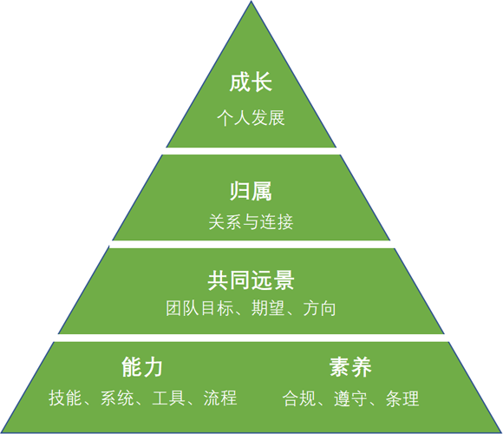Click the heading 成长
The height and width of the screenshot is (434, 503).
(x=251, y=82)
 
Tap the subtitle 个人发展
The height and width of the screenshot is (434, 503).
(x=251, y=118)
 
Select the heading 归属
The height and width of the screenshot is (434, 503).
(x=251, y=191)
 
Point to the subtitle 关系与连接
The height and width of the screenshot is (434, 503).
(x=251, y=222)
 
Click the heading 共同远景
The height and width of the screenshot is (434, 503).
(x=251, y=280)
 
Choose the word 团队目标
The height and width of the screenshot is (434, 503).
(x=199, y=308)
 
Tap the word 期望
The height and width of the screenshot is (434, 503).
(x=268, y=308)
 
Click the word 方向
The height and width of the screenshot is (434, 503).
(x=319, y=308)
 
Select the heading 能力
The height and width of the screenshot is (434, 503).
(x=142, y=367)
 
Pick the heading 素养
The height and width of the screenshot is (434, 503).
(x=350, y=367)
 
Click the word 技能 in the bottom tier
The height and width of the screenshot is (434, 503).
(x=65, y=398)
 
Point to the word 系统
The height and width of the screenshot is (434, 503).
(x=117, y=398)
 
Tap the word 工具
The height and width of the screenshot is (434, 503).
(x=169, y=398)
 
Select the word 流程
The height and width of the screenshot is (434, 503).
(x=220, y=398)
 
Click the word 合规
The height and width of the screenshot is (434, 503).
(x=299, y=398)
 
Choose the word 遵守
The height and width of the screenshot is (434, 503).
(x=350, y=398)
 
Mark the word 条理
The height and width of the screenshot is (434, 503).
(x=402, y=398)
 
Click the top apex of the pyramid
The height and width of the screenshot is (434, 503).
(x=251, y=1)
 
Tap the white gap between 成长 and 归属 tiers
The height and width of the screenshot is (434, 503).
(x=251, y=151)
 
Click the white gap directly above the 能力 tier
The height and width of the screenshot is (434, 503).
(x=251, y=338)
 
